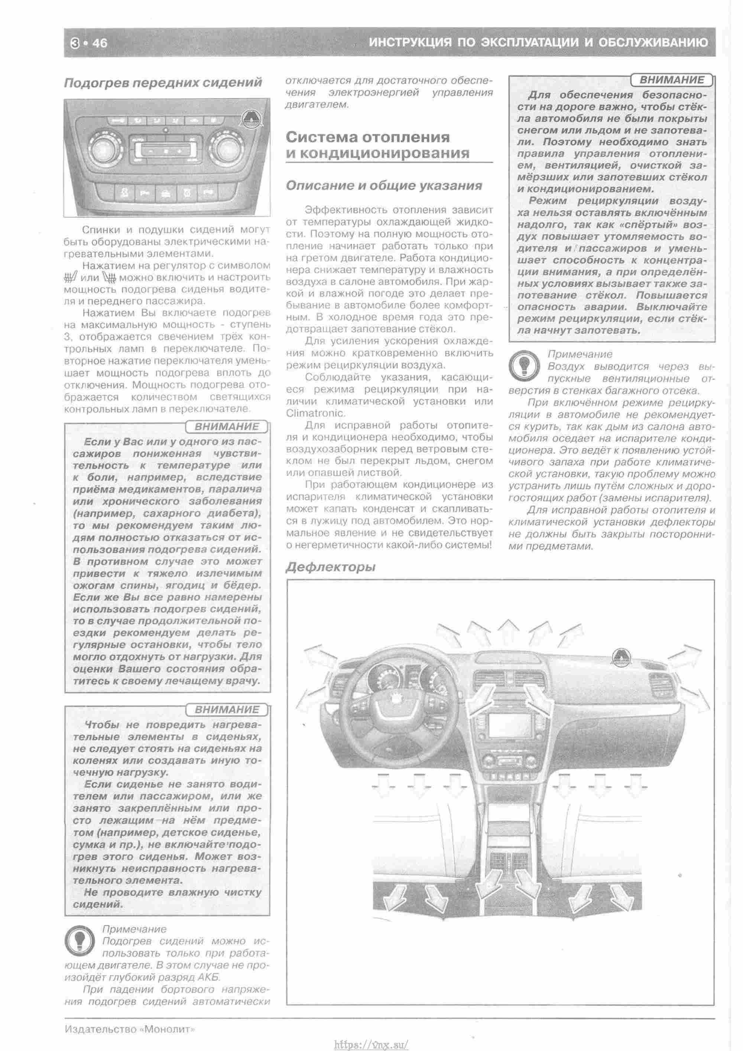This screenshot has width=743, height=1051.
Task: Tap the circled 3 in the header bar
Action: [75, 43]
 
